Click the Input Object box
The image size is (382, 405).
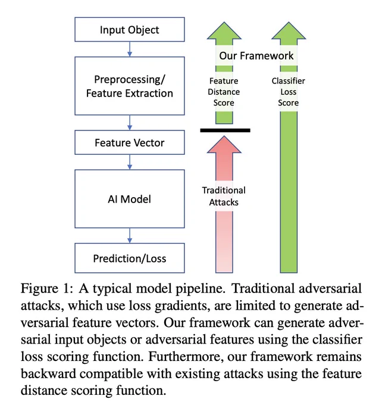click(130, 29)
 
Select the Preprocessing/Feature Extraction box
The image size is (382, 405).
click(130, 86)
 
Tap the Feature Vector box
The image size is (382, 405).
click(130, 142)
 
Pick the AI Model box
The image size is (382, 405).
click(130, 199)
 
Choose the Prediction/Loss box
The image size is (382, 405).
click(130, 258)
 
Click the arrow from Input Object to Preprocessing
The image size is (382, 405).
click(130, 49)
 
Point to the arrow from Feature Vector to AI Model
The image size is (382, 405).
click(130, 162)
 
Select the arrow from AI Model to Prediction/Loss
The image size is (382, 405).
click(130, 236)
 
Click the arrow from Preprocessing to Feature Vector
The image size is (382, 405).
click(130, 123)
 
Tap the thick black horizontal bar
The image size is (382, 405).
click(225, 130)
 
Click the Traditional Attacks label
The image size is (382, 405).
click(224, 196)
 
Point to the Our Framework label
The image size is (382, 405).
click(256, 55)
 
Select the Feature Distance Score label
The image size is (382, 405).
click(224, 92)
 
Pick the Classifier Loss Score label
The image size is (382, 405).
click(289, 92)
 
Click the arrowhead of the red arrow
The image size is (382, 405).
click(224, 145)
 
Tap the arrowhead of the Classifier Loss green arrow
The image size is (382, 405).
click(289, 31)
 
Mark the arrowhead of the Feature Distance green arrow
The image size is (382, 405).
click(224, 31)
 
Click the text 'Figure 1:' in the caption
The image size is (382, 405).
click(45, 288)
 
